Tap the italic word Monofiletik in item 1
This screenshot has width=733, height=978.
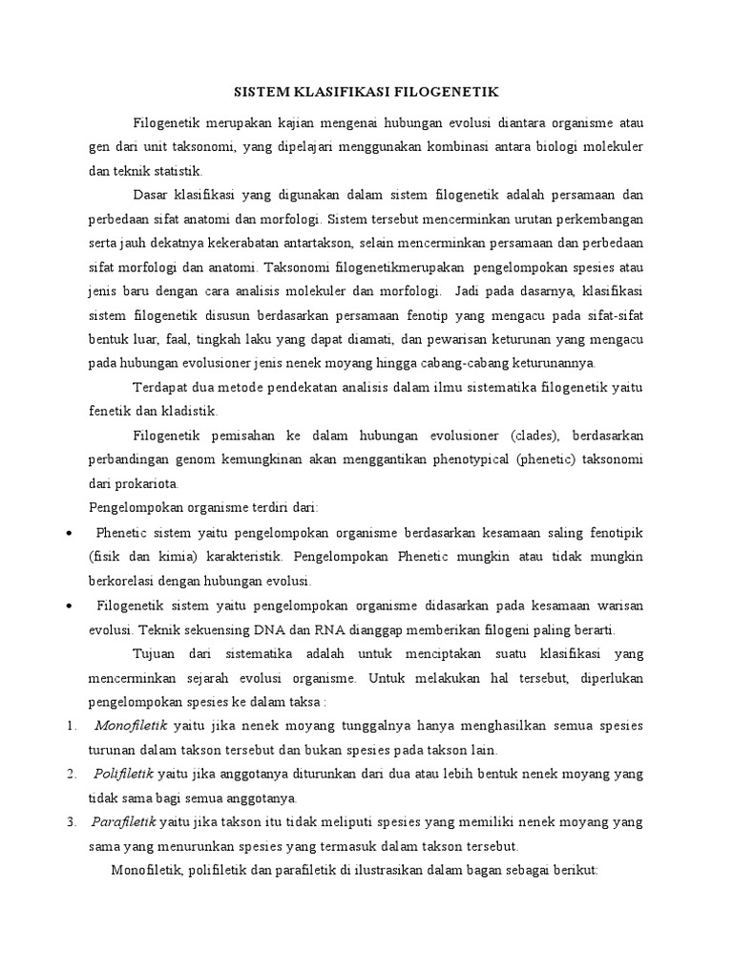(x=131, y=725)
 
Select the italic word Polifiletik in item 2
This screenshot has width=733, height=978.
(x=125, y=773)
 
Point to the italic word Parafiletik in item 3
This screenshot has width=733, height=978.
(x=125, y=821)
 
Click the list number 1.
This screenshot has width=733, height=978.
(x=73, y=725)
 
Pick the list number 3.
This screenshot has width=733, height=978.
(x=73, y=821)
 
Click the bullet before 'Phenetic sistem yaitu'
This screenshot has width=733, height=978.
(x=70, y=532)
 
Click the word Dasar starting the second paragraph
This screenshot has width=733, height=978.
(x=154, y=195)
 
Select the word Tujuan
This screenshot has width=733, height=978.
(x=157, y=653)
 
